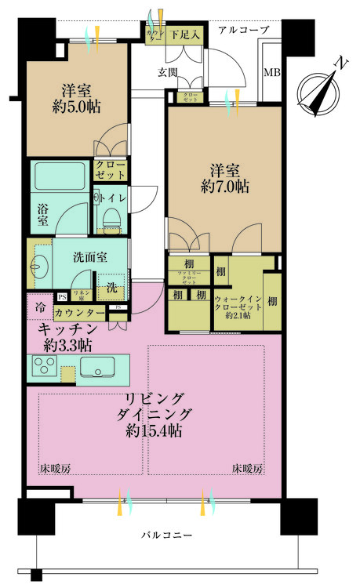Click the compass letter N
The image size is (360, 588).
340,62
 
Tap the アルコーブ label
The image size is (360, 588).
243,30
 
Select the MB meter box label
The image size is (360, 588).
271,73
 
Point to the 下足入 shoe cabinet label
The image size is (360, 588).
187,34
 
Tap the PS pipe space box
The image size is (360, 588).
62,296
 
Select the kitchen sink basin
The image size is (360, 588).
97,365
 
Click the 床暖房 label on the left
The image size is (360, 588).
55,469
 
